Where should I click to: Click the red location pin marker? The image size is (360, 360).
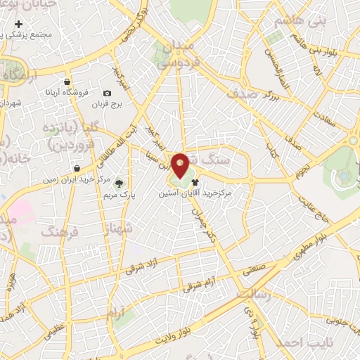pyautogui.click(x=180, y=166)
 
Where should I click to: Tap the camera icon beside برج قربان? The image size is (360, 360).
pyautogui.click(x=107, y=93)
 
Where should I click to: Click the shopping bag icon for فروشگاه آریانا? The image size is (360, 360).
pyautogui.click(x=67, y=82)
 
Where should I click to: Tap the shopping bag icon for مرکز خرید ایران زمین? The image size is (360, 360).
pyautogui.click(x=76, y=169)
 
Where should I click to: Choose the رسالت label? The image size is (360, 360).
pyautogui.click(x=252, y=295)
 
